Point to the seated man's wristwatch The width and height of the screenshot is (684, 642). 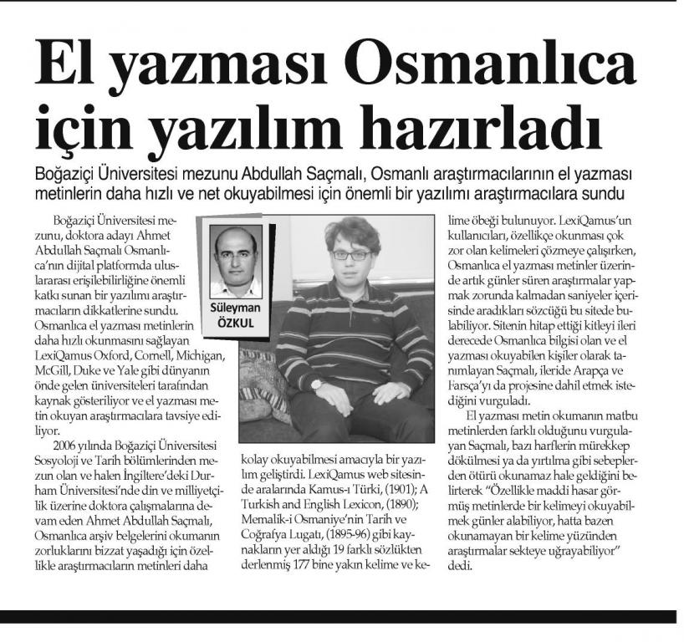pyautogui.click(x=317, y=385)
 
